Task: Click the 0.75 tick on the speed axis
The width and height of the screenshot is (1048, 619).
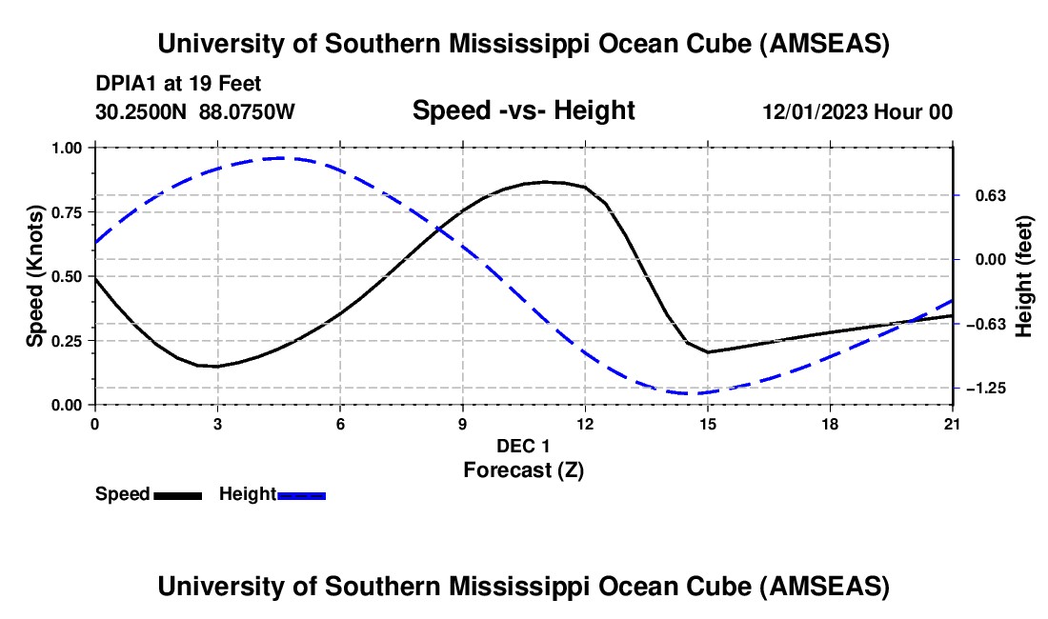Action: coord(71,212)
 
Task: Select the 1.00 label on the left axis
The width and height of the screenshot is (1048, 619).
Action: coord(71,148)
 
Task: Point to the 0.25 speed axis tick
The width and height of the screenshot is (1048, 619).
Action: coord(71,341)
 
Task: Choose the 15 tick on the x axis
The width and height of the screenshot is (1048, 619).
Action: coord(707,424)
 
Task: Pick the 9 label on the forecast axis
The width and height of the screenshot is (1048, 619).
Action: coord(462,424)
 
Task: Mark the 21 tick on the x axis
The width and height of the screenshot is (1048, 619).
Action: coord(952,424)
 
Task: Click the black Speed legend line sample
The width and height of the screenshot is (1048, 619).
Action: coord(177,495)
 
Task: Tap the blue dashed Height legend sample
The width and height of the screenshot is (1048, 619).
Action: coord(301,495)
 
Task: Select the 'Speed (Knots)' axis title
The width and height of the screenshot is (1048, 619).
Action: coord(35,276)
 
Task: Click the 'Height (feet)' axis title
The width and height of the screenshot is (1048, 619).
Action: coord(1025,276)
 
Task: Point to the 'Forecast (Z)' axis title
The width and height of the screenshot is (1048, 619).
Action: coord(523,469)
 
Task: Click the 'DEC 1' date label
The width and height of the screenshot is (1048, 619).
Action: coord(523,446)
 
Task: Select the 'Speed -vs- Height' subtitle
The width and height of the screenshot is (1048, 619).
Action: coord(523,110)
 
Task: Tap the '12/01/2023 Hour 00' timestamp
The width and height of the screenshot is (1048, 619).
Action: coord(857,111)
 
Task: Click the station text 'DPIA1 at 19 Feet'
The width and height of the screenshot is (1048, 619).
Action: coord(178,84)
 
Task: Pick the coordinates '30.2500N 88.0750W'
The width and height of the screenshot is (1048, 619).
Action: coord(195,111)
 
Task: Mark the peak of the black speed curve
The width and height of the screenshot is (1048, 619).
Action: coord(545,181)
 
